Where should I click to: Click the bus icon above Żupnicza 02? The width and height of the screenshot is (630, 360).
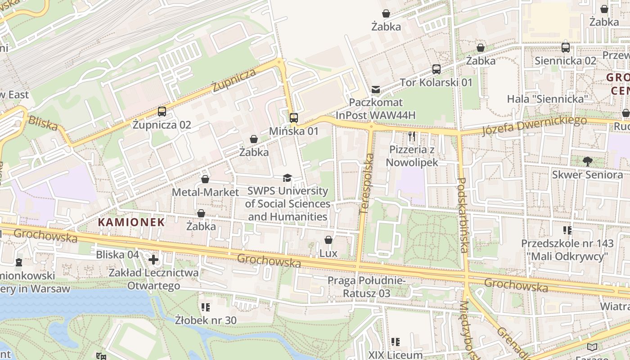(x=162, y=112)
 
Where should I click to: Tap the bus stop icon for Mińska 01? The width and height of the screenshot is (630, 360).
(x=294, y=118)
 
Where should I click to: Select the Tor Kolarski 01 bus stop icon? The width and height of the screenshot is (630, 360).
(x=436, y=69)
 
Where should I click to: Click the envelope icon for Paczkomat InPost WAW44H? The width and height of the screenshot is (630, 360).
(x=376, y=90)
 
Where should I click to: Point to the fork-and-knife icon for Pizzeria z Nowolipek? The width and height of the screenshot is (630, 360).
(x=412, y=136)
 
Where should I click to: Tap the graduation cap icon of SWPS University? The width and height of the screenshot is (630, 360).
(x=287, y=178)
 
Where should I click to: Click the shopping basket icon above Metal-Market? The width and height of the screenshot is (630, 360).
(x=205, y=179)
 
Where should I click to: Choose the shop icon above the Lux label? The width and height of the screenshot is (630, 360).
(x=328, y=240)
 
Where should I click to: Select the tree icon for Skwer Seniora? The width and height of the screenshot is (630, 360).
(x=587, y=161)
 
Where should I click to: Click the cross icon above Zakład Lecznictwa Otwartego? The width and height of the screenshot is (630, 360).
(x=153, y=260)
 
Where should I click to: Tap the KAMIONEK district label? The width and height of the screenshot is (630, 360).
(x=131, y=222)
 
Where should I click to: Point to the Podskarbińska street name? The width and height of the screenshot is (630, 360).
(x=463, y=215)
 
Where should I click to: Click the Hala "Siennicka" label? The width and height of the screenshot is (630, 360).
(x=548, y=99)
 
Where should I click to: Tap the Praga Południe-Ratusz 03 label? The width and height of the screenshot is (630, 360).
(x=366, y=287)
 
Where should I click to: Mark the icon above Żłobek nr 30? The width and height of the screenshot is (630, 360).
(x=206, y=307)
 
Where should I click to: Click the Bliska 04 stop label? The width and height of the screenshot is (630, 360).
(x=117, y=255)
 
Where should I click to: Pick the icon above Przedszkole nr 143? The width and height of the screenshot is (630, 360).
(x=567, y=230)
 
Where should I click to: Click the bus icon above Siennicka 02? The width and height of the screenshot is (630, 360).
(x=566, y=48)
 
